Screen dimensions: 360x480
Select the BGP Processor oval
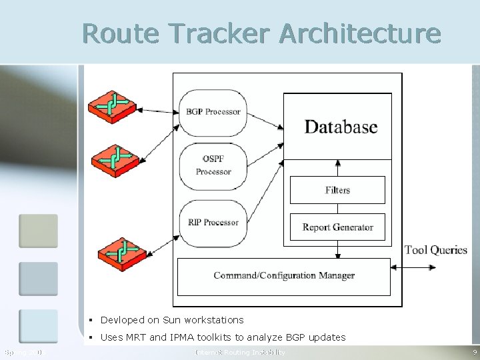pos(213,111)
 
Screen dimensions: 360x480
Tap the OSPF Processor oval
pos(213,165)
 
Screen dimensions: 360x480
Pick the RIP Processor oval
pos(213,222)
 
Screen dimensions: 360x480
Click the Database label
pos(341,127)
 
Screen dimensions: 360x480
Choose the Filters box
pos(337,190)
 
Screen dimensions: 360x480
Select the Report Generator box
pos(337,227)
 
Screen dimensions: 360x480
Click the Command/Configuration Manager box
pos(283,276)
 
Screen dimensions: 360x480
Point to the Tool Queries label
pos(436,250)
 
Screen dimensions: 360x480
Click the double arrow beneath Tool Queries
pos(414,268)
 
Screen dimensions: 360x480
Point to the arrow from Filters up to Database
pos(338,168)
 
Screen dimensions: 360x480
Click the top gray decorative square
pos(38,231)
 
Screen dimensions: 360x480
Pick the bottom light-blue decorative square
pos(38,325)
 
